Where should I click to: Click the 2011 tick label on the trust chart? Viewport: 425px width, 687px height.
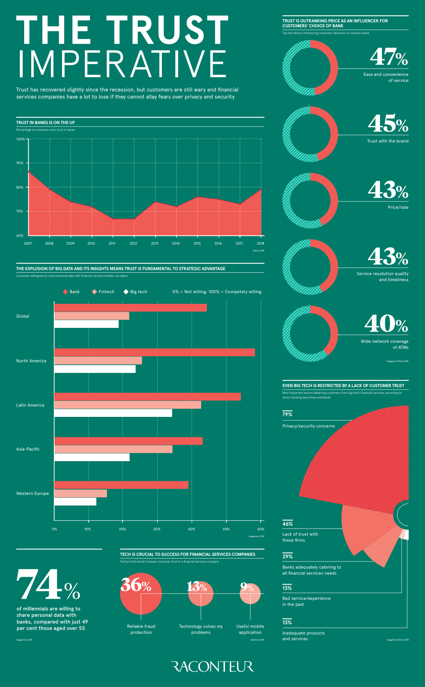coord(112,244)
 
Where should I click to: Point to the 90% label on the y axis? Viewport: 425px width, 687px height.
coord(20,163)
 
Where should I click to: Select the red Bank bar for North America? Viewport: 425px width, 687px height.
coord(154,352)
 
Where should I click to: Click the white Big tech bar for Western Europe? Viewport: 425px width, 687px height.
coord(75,502)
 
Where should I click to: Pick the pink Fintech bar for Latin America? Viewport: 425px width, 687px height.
coord(127,405)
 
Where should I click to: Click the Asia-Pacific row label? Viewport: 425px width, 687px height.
coord(28,449)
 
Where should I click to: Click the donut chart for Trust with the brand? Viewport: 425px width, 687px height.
coord(310,134)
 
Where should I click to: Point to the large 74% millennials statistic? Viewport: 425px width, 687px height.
coord(48,585)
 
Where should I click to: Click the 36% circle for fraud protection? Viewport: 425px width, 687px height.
coord(141,594)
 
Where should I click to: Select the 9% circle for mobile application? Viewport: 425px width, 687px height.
coord(250,593)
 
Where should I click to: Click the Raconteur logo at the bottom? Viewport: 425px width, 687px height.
coord(212,666)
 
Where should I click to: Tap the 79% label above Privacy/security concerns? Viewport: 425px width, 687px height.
coord(287,414)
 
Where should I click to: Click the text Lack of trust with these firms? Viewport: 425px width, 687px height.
coord(300,537)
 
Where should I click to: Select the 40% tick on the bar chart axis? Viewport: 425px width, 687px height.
coord(192,529)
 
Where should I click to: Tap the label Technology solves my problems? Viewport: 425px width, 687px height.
coord(201,629)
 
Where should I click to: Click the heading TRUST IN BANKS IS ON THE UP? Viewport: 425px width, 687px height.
coord(46,123)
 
